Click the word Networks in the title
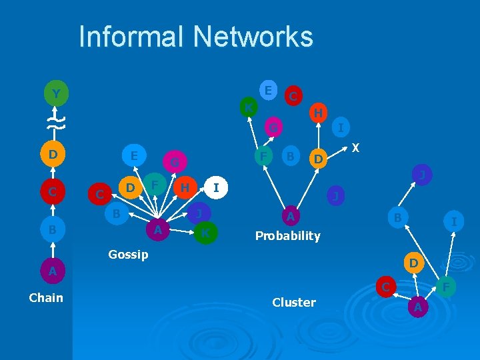pyautogui.click(x=259, y=37)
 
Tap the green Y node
pyautogui.click(x=57, y=94)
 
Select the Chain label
pyautogui.click(x=46, y=297)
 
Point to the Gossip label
pyautogui.click(x=128, y=255)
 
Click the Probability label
pyautogui.click(x=288, y=235)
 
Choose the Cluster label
pyautogui.click(x=294, y=302)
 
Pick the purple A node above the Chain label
pyautogui.click(x=52, y=271)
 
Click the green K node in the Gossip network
pyautogui.click(x=205, y=233)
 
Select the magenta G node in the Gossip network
pyautogui.click(x=173, y=161)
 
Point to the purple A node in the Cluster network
pyautogui.click(x=417, y=307)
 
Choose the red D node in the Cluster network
pyautogui.click(x=413, y=263)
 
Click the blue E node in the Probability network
pyautogui.click(x=267, y=89)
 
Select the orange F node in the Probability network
pyautogui.click(x=263, y=157)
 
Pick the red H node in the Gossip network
pyautogui.click(x=185, y=187)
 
